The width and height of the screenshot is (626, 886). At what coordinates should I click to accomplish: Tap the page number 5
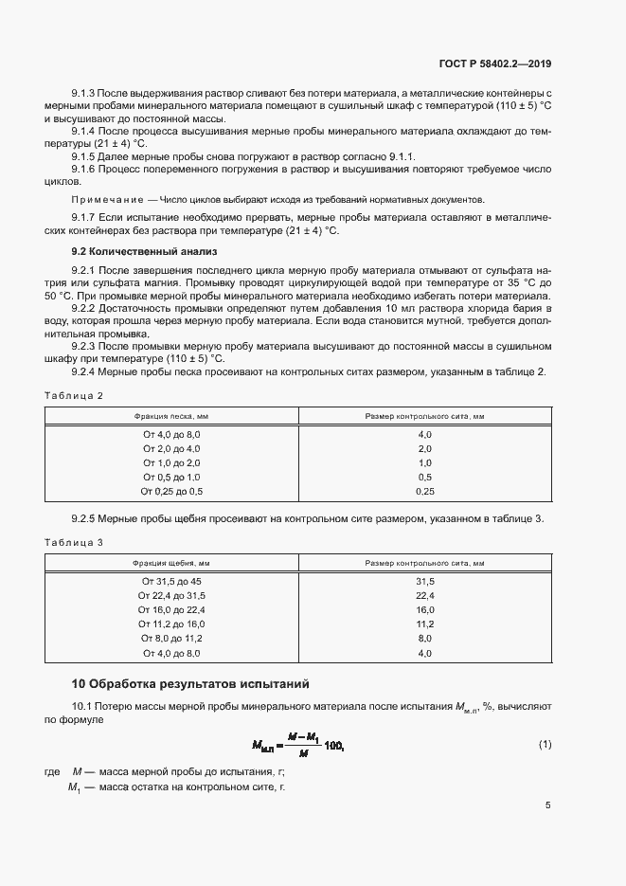tap(548, 805)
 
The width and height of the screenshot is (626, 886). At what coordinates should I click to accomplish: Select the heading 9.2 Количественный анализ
tap(144, 252)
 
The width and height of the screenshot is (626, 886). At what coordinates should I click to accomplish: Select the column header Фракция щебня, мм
tap(171, 564)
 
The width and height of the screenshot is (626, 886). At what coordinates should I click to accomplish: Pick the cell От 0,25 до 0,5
tap(171, 492)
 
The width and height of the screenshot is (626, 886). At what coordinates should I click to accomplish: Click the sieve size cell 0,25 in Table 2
tap(424, 492)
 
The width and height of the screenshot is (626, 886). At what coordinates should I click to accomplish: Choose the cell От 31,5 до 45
tap(171, 581)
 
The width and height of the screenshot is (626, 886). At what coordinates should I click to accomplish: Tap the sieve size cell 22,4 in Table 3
tap(424, 595)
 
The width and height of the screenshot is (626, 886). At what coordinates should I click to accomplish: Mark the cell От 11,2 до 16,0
tap(171, 624)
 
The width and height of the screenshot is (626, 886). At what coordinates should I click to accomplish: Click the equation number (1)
tap(545, 744)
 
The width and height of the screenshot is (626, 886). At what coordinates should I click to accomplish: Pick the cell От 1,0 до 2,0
tap(171, 462)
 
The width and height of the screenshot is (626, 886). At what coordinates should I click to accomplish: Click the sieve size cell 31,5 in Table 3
tap(424, 581)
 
